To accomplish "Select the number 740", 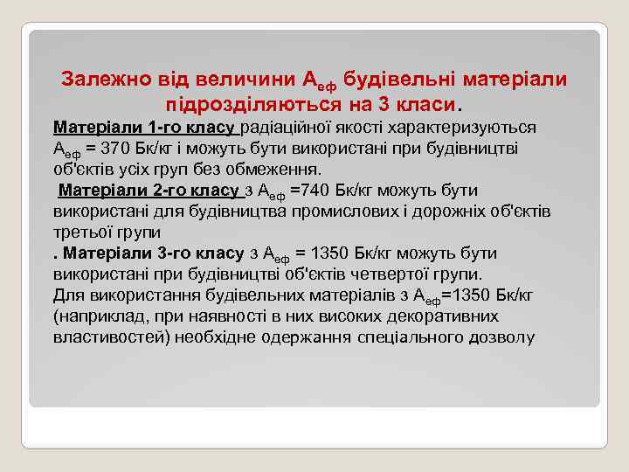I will point(327,191).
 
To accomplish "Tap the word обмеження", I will point(280,170).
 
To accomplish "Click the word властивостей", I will point(112,337).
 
